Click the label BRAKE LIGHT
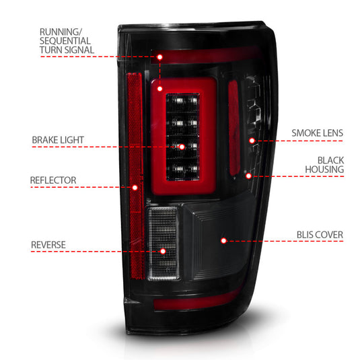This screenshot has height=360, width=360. click(57, 140)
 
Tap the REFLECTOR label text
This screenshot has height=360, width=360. click(53, 180)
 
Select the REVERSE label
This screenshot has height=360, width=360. click(48, 244)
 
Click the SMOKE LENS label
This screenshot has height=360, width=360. click(317, 133)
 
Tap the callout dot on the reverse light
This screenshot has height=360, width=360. click(163, 251)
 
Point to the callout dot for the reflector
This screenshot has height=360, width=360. click(135, 186)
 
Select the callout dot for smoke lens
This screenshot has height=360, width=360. click(252, 141)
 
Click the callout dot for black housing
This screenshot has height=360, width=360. click(248, 176)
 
